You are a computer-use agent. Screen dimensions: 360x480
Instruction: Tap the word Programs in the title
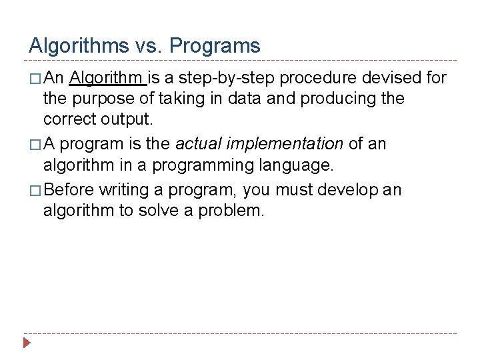click(215, 46)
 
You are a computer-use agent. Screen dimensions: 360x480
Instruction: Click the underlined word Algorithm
click(107, 78)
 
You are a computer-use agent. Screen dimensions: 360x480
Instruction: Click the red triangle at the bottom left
click(27, 345)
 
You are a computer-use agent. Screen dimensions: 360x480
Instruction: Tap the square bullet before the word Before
click(35, 191)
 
